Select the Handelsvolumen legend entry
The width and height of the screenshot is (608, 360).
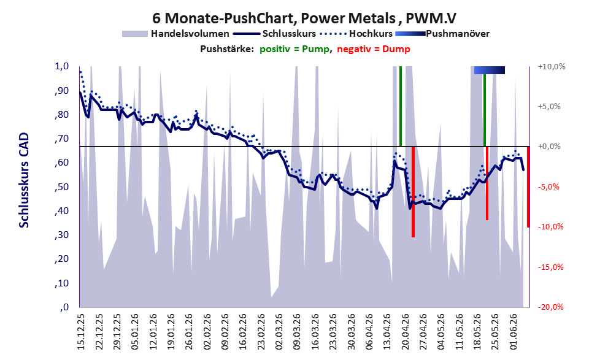pyautogui.click(x=175, y=34)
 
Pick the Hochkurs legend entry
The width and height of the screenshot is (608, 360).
pyautogui.click(x=356, y=34)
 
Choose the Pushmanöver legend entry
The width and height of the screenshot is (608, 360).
pyautogui.click(x=442, y=34)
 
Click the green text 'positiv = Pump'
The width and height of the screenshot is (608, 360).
pyautogui.click(x=294, y=49)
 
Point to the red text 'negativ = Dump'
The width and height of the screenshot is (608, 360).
pyautogui.click(x=374, y=49)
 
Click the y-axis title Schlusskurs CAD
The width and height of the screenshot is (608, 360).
pyautogui.click(x=24, y=180)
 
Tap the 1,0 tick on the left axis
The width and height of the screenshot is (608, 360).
pyautogui.click(x=61, y=66)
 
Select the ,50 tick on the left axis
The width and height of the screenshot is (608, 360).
pyautogui.click(x=61, y=187)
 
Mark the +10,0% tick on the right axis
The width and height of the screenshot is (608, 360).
pyautogui.click(x=552, y=67)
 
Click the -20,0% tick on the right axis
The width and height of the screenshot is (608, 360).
pyautogui.click(x=550, y=307)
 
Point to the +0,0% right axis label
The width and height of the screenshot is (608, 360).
pyautogui.click(x=549, y=147)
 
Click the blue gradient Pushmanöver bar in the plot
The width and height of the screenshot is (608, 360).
pyautogui.click(x=490, y=70)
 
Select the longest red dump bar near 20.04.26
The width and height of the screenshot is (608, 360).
pyautogui.click(x=413, y=192)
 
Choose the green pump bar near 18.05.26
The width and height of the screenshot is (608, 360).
pyautogui.click(x=484, y=110)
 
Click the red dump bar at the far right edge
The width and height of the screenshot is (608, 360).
pyautogui.click(x=528, y=187)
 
